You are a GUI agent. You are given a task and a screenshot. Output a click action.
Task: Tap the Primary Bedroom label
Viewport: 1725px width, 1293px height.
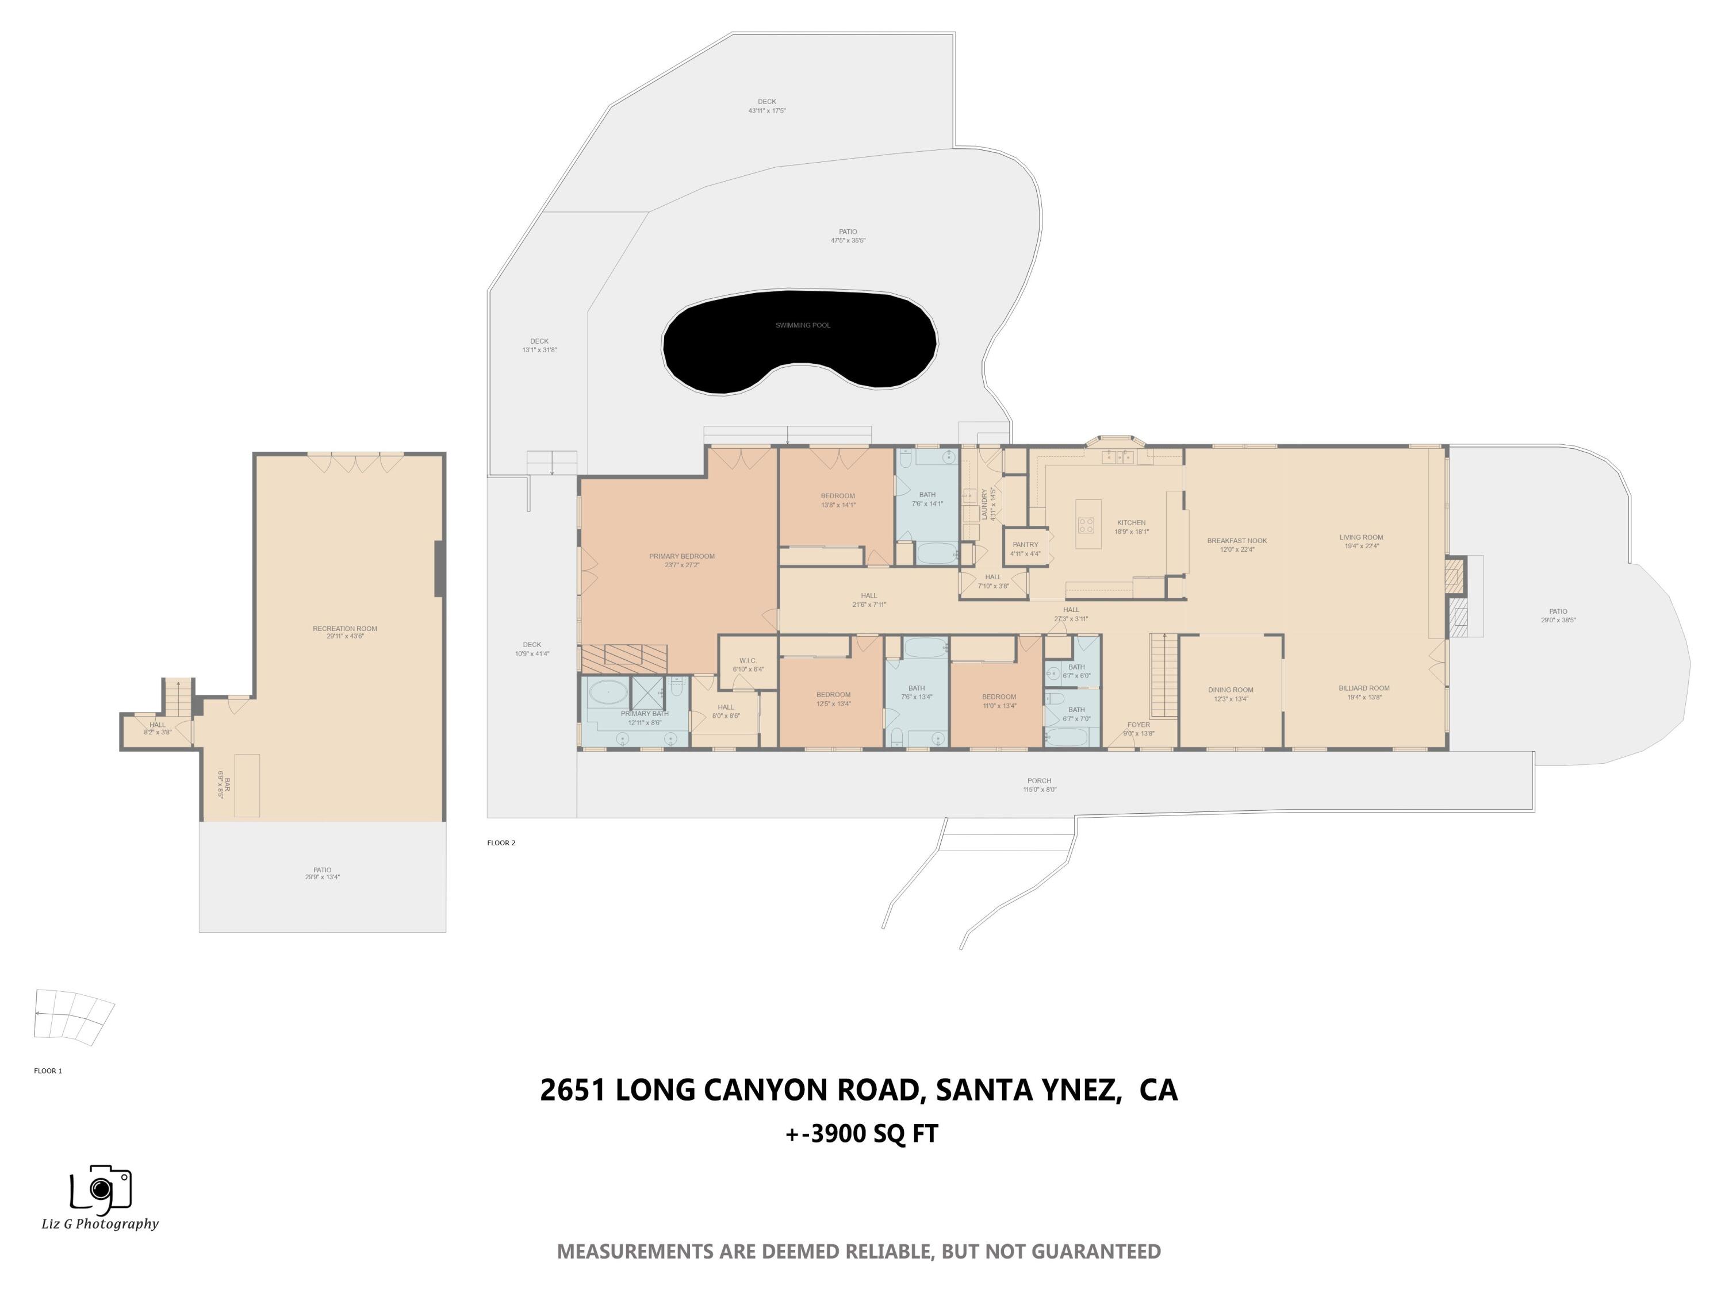tap(681, 556)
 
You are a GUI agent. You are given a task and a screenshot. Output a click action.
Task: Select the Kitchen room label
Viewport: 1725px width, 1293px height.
tap(1131, 523)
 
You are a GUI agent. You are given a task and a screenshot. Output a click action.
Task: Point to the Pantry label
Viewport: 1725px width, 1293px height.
tap(1025, 545)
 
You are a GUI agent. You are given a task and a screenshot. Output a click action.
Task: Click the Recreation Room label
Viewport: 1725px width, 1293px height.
tap(344, 628)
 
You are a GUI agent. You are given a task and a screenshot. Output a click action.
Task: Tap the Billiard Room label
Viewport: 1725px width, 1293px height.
tap(1363, 688)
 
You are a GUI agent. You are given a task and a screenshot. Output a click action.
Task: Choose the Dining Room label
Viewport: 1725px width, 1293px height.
tap(1230, 690)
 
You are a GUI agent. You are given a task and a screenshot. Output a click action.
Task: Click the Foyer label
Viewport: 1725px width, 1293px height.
tap(1138, 725)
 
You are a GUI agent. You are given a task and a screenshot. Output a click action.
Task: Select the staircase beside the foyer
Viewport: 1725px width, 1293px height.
tap(1164, 676)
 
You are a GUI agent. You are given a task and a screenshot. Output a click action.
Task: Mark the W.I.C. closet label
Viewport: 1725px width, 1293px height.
tap(748, 661)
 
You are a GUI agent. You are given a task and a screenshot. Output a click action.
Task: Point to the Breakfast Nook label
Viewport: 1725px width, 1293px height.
tap(1236, 541)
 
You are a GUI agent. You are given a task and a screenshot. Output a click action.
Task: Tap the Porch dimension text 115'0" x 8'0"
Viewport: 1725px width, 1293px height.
tap(1040, 790)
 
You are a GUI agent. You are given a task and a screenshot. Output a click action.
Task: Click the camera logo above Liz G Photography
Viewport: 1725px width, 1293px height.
tap(101, 1188)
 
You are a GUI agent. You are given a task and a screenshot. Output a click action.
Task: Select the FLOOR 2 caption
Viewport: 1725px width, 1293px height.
tap(501, 842)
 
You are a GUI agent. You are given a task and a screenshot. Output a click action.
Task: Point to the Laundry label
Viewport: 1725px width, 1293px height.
tap(984, 504)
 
